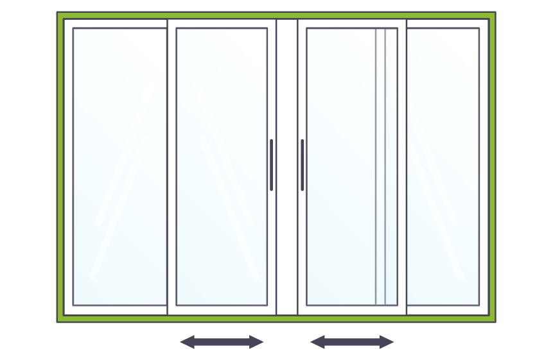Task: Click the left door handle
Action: pyautogui.click(x=272, y=165)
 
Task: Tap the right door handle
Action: pyautogui.click(x=303, y=165)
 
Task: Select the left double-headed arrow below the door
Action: pyautogui.click(x=222, y=342)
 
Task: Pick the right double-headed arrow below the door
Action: pyautogui.click(x=352, y=342)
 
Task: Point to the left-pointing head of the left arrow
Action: pyautogui.click(x=187, y=342)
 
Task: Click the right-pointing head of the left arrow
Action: pyautogui.click(x=257, y=342)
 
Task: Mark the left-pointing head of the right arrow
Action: pyautogui.click(x=317, y=342)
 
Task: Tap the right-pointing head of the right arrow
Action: pyautogui.click(x=387, y=342)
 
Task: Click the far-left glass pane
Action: pyautogui.click(x=119, y=167)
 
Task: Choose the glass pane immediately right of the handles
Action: pyautogui.click(x=340, y=167)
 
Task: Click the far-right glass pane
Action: pyautogui.click(x=443, y=167)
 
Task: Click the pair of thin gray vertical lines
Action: pyautogui.click(x=381, y=167)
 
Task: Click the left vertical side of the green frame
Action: pyautogui.click(x=60, y=167)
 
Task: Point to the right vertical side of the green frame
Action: pyautogui.click(x=492, y=167)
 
